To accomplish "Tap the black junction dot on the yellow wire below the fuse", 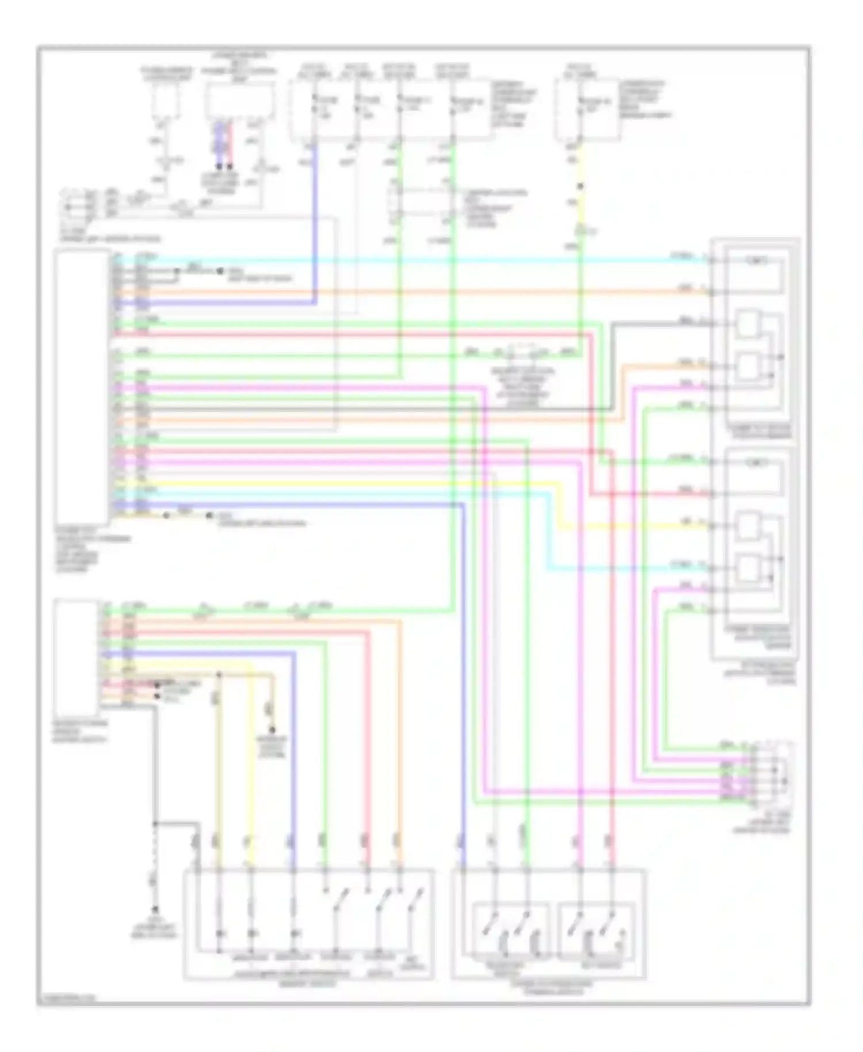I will tap(580, 186).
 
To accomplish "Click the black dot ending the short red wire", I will tap(230, 166).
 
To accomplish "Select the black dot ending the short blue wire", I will tap(219, 166).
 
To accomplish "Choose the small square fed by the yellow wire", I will tap(747, 525).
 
